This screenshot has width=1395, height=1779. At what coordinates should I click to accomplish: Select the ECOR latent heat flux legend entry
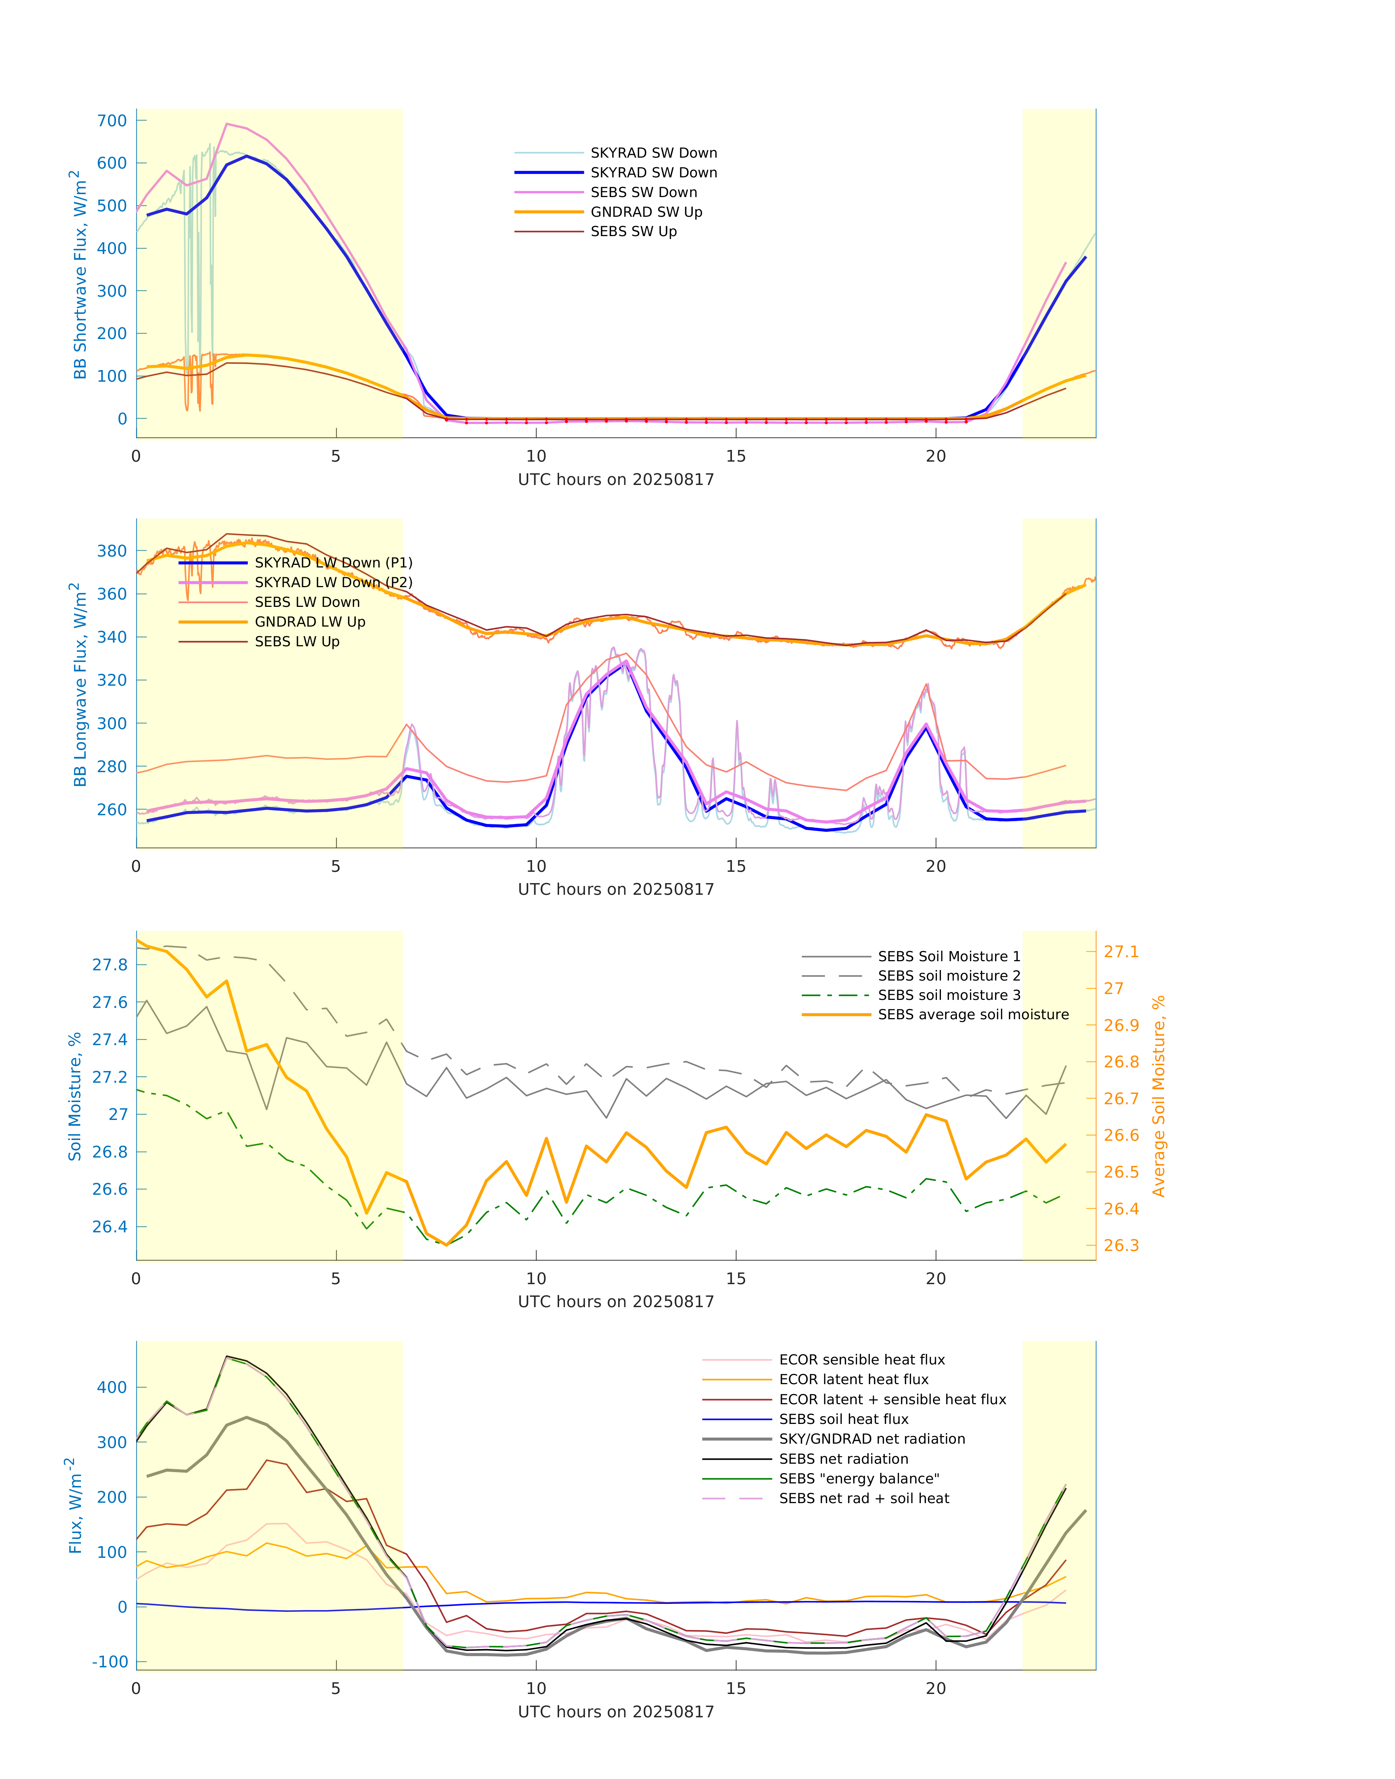click(853, 1379)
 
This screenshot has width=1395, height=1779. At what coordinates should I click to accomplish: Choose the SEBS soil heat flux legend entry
click(844, 1420)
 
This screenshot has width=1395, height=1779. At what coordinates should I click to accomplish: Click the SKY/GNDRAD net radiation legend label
click(872, 1439)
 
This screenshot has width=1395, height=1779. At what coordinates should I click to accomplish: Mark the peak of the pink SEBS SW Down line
click(227, 124)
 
